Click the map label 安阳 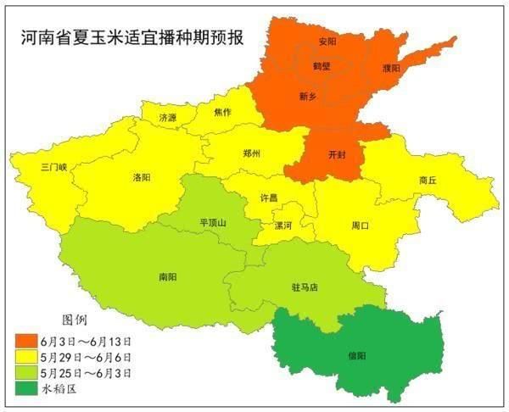tap(327, 41)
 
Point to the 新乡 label tap(308, 96)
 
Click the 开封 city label tap(338, 155)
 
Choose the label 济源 tap(168, 118)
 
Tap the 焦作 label tap(222, 112)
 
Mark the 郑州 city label tap(251, 153)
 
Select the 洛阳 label tap(142, 178)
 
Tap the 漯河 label tap(282, 225)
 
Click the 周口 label tap(361, 225)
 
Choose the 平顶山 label tap(213, 222)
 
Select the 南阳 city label tap(168, 276)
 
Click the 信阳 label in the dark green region tap(357, 356)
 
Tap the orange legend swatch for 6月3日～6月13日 tap(27, 341)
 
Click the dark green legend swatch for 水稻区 tap(27, 388)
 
